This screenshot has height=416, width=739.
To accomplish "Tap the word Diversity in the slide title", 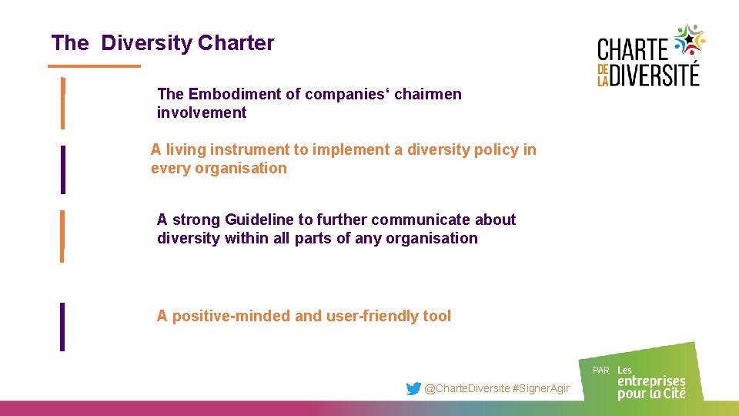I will (146, 43).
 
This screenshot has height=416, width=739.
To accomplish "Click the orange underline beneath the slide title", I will (95, 66).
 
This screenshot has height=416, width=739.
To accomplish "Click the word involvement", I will (202, 112).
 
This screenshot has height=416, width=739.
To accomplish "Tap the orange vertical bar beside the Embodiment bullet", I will (63, 103).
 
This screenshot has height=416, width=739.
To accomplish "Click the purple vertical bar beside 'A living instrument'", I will (63, 169).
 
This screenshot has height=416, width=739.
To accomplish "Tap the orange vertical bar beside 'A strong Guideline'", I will (63, 236).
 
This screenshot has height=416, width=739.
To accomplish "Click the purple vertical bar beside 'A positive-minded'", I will (63, 327).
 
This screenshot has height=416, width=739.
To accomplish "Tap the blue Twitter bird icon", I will (413, 389).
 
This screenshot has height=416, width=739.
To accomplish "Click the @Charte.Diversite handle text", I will (467, 389).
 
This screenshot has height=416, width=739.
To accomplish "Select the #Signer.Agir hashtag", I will (541, 389).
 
